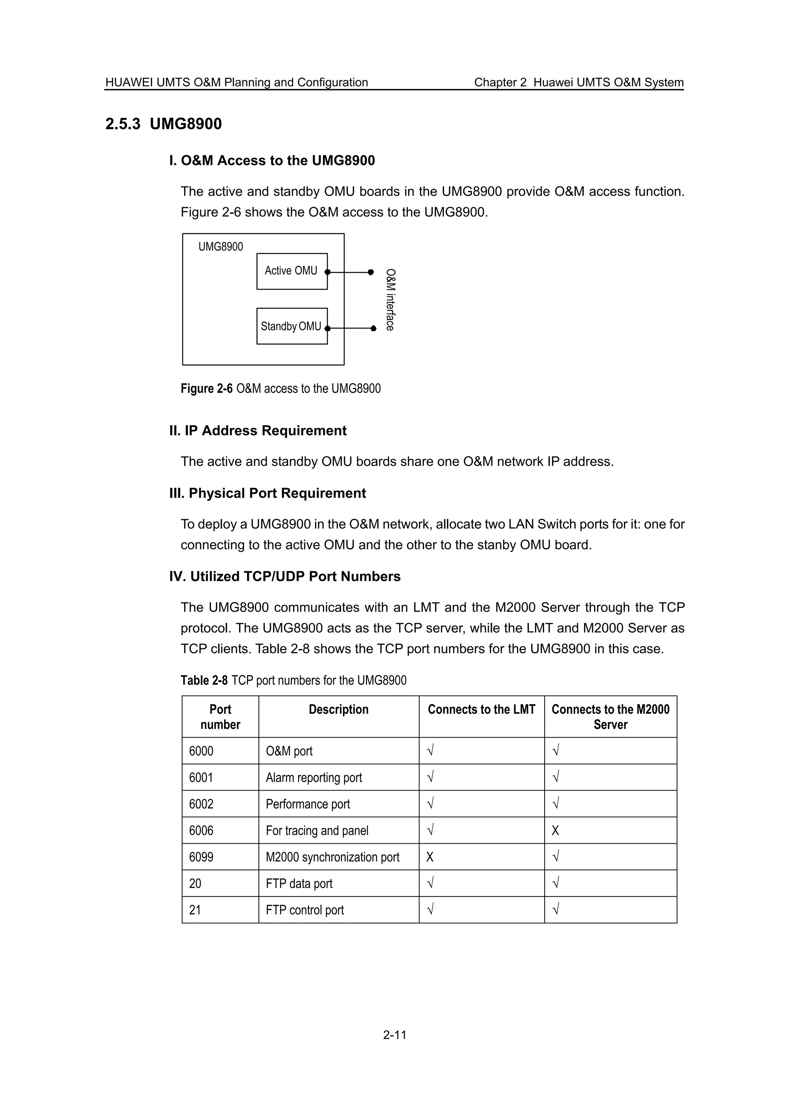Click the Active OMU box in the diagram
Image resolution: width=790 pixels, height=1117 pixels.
click(x=292, y=271)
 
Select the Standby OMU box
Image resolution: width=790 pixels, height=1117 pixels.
click(x=292, y=326)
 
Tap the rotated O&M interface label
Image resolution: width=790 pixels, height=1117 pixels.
click(x=390, y=300)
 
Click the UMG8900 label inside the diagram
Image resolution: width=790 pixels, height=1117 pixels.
click(x=221, y=247)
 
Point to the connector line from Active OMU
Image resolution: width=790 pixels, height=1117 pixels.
click(x=349, y=272)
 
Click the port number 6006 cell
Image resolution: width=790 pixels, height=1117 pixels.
click(x=201, y=831)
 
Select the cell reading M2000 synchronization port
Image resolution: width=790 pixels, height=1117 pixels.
click(x=333, y=857)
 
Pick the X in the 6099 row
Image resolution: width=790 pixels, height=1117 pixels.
click(x=429, y=857)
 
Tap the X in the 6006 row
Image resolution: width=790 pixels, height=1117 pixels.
click(x=555, y=831)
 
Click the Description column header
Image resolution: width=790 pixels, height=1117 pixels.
click(x=338, y=709)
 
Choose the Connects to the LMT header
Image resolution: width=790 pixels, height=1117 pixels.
click(x=481, y=709)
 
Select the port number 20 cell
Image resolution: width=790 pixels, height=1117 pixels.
click(x=195, y=883)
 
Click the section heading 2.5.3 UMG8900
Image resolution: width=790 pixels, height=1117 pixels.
click(x=164, y=124)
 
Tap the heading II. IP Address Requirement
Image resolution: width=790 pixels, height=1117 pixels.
click(x=258, y=431)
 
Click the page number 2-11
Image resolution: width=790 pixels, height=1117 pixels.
click(x=394, y=1035)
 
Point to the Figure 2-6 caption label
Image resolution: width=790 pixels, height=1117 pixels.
click(x=206, y=389)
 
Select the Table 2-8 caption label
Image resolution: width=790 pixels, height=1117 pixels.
click(x=204, y=680)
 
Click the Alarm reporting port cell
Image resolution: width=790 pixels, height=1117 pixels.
click(x=314, y=777)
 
